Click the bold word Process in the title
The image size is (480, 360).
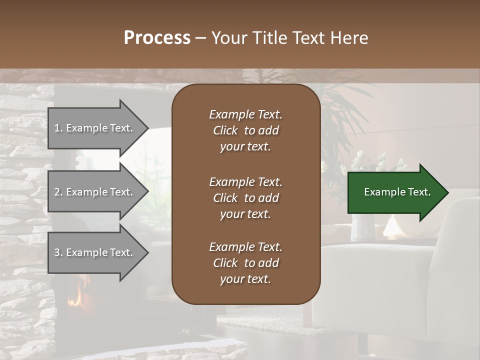(x=157, y=37)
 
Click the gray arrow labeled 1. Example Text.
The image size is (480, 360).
(x=95, y=128)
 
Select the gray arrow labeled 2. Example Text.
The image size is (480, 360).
(x=95, y=192)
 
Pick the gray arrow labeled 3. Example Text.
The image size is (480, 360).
(x=95, y=252)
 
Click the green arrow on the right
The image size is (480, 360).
(x=395, y=192)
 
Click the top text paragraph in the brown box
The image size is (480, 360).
(x=245, y=130)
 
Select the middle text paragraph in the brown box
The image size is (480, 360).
(x=245, y=197)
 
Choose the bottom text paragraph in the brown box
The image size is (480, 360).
(x=245, y=263)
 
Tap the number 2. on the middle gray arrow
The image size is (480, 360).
(x=58, y=192)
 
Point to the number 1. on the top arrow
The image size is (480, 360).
(x=58, y=128)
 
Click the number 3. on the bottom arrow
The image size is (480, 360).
(x=58, y=252)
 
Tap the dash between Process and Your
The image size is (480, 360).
(x=200, y=38)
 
